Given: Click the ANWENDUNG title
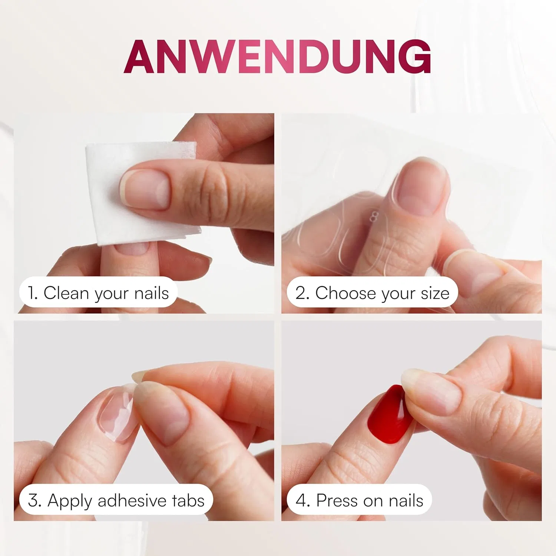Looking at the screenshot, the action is tap(277, 57).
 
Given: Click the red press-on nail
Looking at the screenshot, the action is tap(389, 414).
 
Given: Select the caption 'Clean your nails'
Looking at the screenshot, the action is tap(106, 293).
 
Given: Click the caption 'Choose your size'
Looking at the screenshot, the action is tap(382, 293).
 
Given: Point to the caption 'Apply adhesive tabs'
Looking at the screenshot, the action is tap(126, 501).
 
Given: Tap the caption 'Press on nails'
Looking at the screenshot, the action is tap(370, 500).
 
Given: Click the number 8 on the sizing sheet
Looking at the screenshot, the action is tap(374, 216).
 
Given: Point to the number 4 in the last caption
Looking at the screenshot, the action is tap(302, 500).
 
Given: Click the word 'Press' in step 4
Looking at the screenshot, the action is tap(337, 500).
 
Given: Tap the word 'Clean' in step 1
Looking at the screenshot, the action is tap(66, 293).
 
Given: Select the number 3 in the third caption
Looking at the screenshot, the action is tap(34, 500).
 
